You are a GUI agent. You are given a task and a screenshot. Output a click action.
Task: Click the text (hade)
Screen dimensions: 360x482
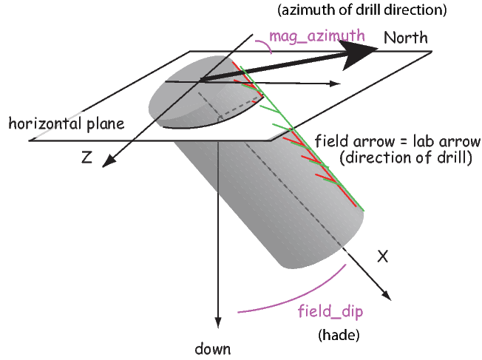(x=338, y=335)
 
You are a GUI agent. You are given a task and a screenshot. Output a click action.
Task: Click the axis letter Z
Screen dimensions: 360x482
(x=87, y=157)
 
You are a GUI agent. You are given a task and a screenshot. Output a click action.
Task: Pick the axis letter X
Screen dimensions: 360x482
(x=383, y=256)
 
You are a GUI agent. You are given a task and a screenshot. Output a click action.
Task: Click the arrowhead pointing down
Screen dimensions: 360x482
(x=218, y=322)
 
